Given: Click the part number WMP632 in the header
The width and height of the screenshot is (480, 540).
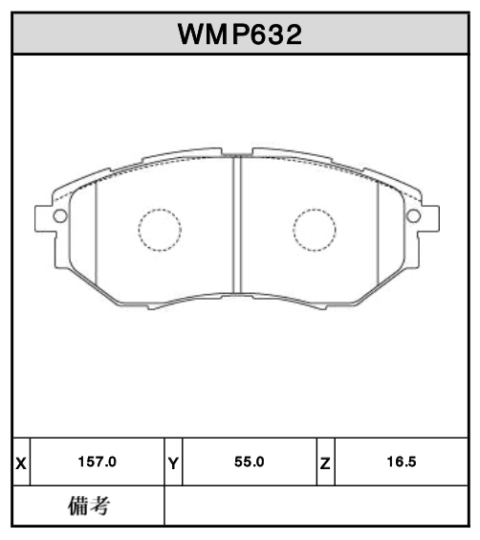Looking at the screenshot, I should [240, 35].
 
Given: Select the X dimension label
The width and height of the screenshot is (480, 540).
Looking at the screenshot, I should [21, 462].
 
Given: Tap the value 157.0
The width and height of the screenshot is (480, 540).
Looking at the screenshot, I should [97, 462].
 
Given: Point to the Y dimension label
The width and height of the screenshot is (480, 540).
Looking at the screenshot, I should [173, 462].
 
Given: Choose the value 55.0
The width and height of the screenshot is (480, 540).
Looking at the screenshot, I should [249, 462].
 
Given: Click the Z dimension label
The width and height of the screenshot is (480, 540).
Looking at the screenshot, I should [325, 462].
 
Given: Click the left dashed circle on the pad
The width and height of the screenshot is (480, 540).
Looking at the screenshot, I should [160, 229].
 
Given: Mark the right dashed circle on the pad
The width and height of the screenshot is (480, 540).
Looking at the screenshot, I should [314, 229].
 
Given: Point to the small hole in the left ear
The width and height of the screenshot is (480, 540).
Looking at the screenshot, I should [58, 215].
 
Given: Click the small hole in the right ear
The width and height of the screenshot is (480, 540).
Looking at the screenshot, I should [415, 215].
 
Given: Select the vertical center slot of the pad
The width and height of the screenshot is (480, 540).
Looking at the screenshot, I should [237, 225].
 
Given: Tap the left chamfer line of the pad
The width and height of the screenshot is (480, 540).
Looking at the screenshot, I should [98, 230].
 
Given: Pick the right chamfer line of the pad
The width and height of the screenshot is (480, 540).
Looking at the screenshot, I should [378, 230].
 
